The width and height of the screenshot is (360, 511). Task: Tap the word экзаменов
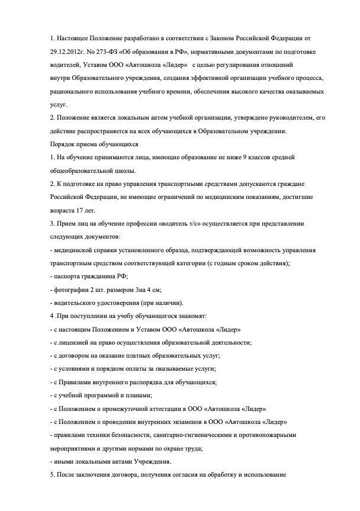click(184, 422)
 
